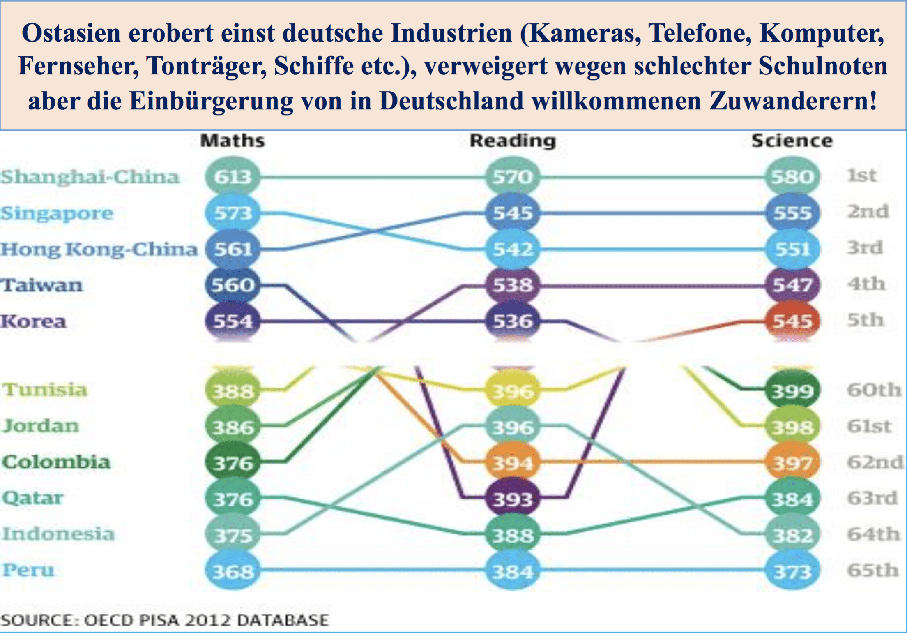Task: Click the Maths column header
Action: (233, 141)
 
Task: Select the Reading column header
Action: (513, 141)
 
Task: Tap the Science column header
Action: (792, 141)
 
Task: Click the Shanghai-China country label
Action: (90, 177)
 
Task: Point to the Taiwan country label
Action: (41, 285)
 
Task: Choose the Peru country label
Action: (28, 570)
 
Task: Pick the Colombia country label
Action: (56, 462)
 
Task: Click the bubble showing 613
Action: (233, 177)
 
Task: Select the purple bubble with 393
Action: (513, 499)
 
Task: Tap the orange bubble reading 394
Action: (513, 463)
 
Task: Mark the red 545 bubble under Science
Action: (792, 321)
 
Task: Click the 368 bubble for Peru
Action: (233, 571)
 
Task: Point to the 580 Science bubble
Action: (792, 177)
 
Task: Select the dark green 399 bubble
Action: (792, 391)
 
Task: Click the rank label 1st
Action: (862, 176)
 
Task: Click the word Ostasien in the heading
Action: (71, 33)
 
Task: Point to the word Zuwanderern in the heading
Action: (793, 100)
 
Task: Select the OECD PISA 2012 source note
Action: (165, 620)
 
